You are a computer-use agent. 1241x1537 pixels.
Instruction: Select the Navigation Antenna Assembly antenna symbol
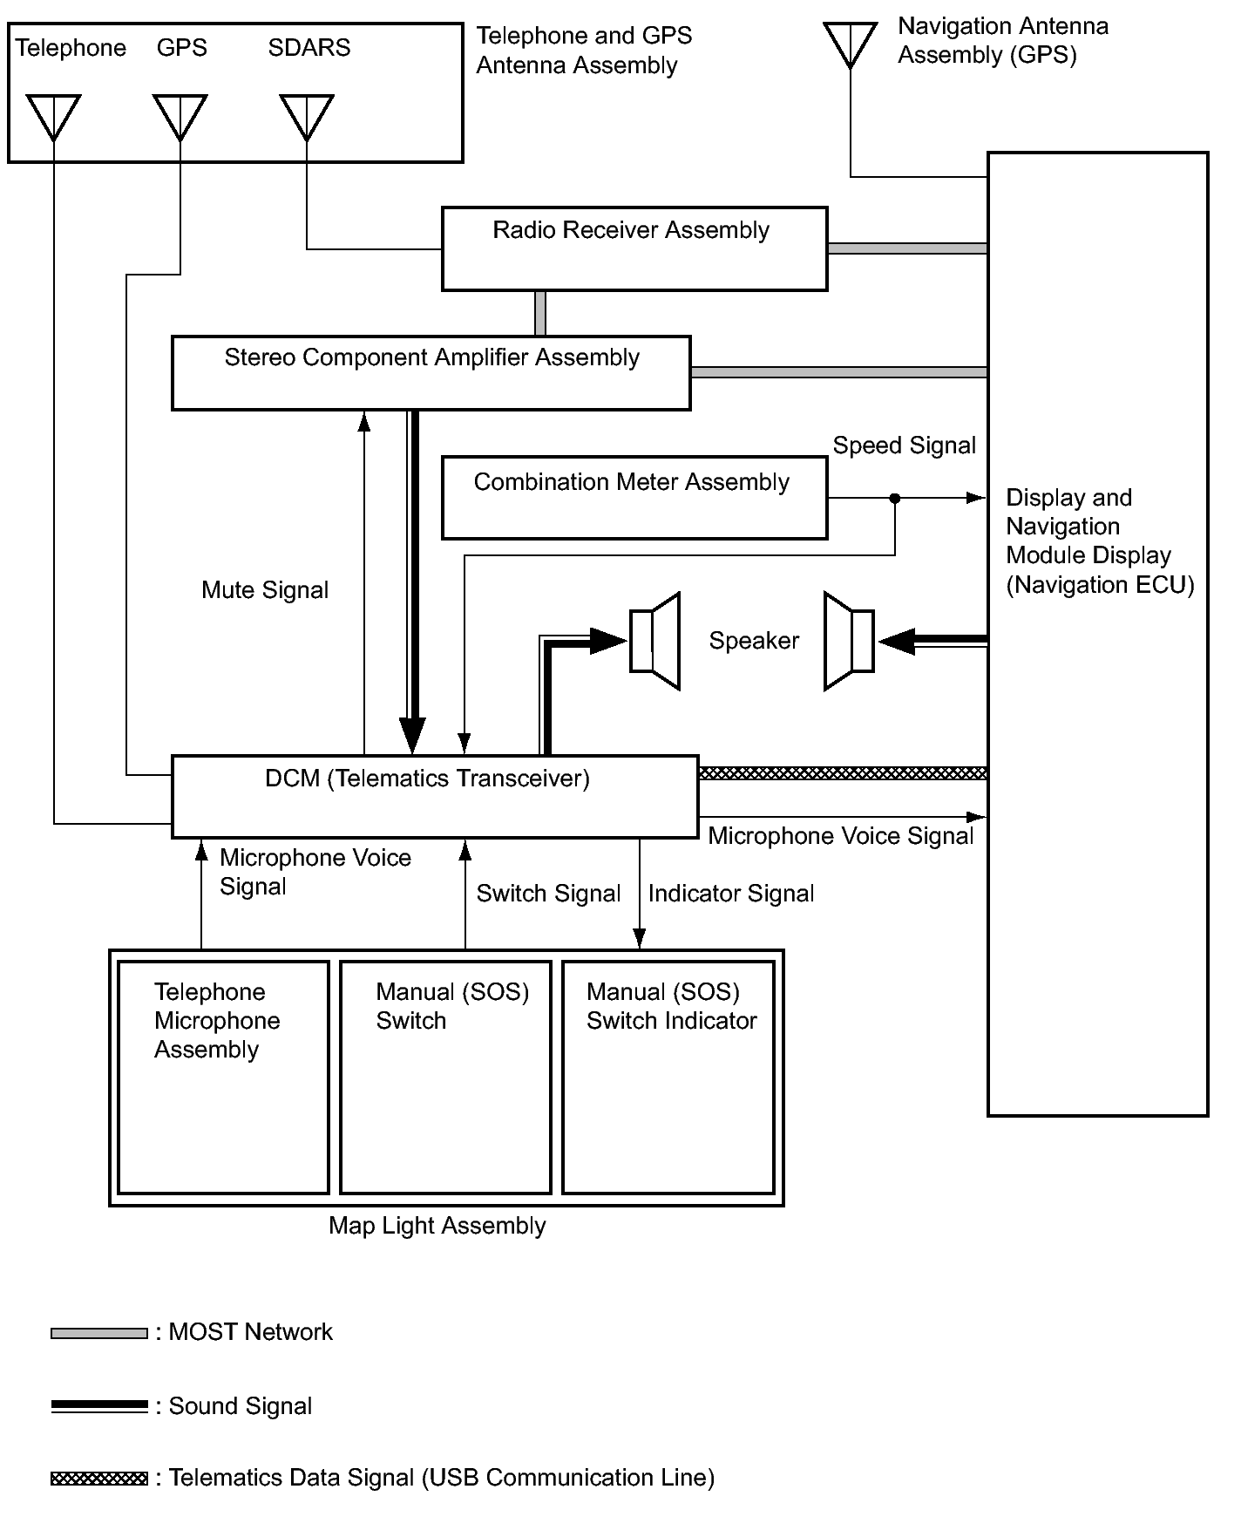pyautogui.click(x=850, y=44)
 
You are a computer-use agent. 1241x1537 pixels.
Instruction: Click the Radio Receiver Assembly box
pyautogui.click(x=634, y=248)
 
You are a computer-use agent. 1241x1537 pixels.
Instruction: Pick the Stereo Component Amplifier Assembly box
pyautogui.click(x=431, y=372)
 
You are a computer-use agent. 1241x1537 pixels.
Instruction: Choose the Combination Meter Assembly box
pyautogui.click(x=634, y=497)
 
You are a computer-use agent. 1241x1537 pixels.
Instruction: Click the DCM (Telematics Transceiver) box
pyautogui.click(x=434, y=796)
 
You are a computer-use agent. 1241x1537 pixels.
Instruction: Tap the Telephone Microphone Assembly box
pyautogui.click(x=223, y=1077)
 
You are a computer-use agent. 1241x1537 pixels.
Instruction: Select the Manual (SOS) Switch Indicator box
pyautogui.click(x=668, y=1077)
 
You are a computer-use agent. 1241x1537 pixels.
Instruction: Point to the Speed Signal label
pyautogui.click(x=904, y=445)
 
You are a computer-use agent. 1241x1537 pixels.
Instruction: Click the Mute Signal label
pyautogui.click(x=265, y=590)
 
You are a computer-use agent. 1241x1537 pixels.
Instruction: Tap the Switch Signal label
pyautogui.click(x=548, y=894)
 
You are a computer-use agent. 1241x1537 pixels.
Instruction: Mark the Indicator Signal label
pyautogui.click(x=731, y=894)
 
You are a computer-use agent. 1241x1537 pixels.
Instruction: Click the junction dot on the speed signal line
pyautogui.click(x=894, y=499)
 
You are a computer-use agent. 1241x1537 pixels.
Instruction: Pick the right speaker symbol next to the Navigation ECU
pyautogui.click(x=849, y=641)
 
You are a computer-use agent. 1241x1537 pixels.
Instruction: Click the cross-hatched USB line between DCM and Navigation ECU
pyautogui.click(x=842, y=773)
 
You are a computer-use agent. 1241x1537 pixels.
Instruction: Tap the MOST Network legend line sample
pyautogui.click(x=99, y=1333)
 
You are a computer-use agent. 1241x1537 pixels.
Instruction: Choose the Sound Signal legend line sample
pyautogui.click(x=99, y=1406)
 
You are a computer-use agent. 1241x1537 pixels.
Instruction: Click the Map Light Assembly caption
pyautogui.click(x=437, y=1226)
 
